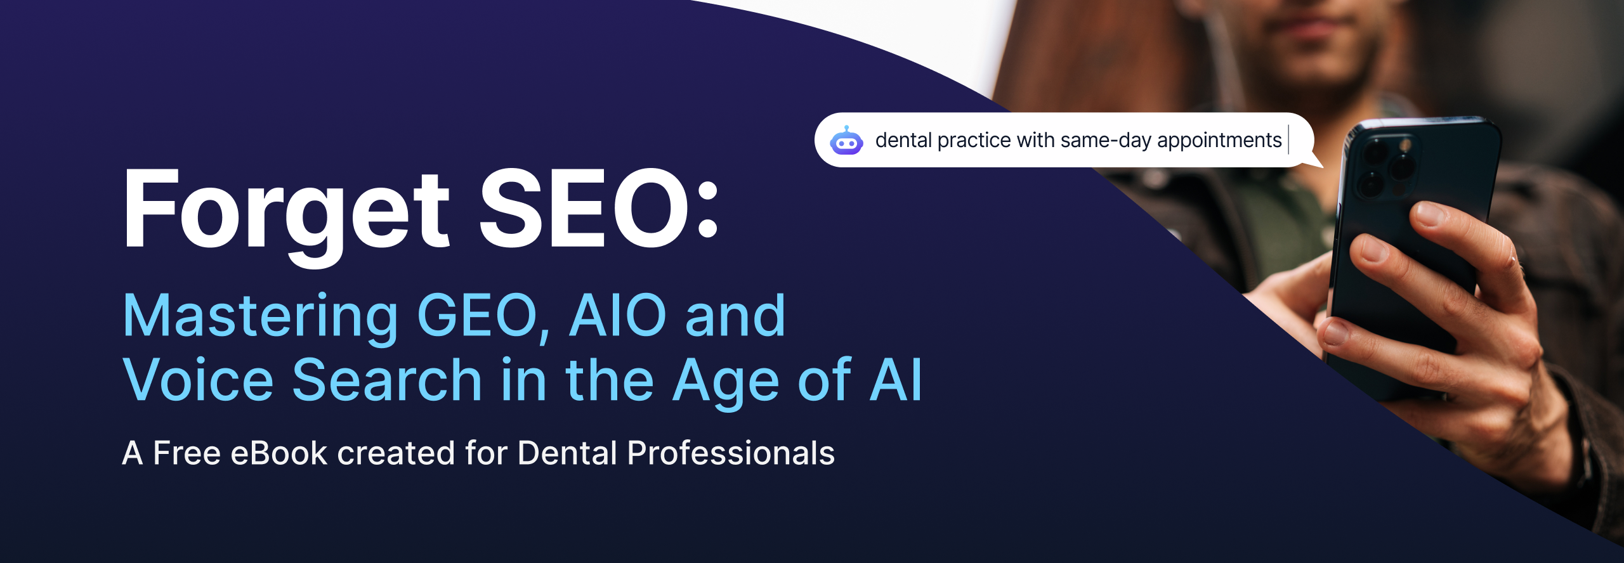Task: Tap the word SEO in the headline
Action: coord(584,209)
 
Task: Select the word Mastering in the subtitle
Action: coord(261,318)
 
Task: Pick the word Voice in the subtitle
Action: coord(198,380)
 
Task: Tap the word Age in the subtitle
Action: coord(726,382)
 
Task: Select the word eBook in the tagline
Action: coord(279,453)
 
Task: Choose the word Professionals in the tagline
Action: coord(731,453)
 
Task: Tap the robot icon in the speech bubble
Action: coord(846,141)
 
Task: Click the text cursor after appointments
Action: coord(1288,140)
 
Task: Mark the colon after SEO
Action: coord(707,209)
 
